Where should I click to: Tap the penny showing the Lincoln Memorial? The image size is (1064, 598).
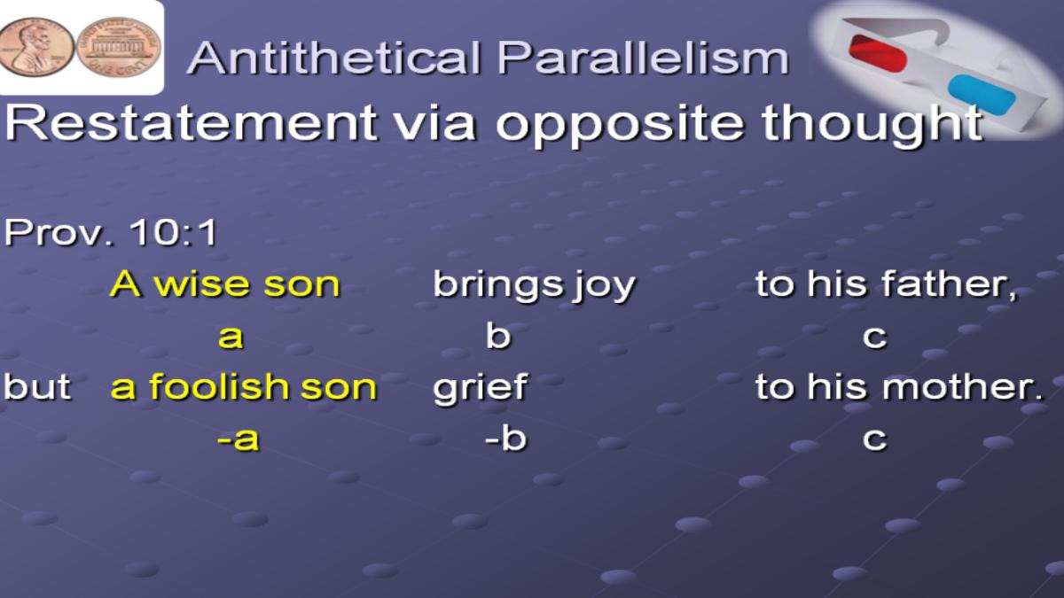pyautogui.click(x=119, y=48)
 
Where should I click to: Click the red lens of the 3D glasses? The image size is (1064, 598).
pyautogui.click(x=879, y=52)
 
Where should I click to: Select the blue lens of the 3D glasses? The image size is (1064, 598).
pyautogui.click(x=982, y=95)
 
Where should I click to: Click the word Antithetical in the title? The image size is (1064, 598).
pyautogui.click(x=334, y=58)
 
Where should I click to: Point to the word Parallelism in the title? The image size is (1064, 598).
pyautogui.click(x=643, y=58)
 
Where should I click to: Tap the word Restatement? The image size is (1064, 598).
pyautogui.click(x=191, y=123)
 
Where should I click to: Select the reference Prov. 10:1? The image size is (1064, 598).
pyautogui.click(x=110, y=232)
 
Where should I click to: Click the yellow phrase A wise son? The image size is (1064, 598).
pyautogui.click(x=225, y=284)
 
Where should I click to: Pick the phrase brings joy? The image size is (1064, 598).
pyautogui.click(x=534, y=285)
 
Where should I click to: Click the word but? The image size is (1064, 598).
pyautogui.click(x=37, y=386)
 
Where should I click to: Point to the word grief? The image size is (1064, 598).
pyautogui.click(x=480, y=388)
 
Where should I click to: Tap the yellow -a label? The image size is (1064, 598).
pyautogui.click(x=239, y=439)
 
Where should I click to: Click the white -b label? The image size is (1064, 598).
pyautogui.click(x=506, y=437)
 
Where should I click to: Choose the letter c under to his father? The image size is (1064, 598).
pyautogui.click(x=874, y=338)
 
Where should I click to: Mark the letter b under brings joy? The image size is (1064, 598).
pyautogui.click(x=498, y=335)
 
